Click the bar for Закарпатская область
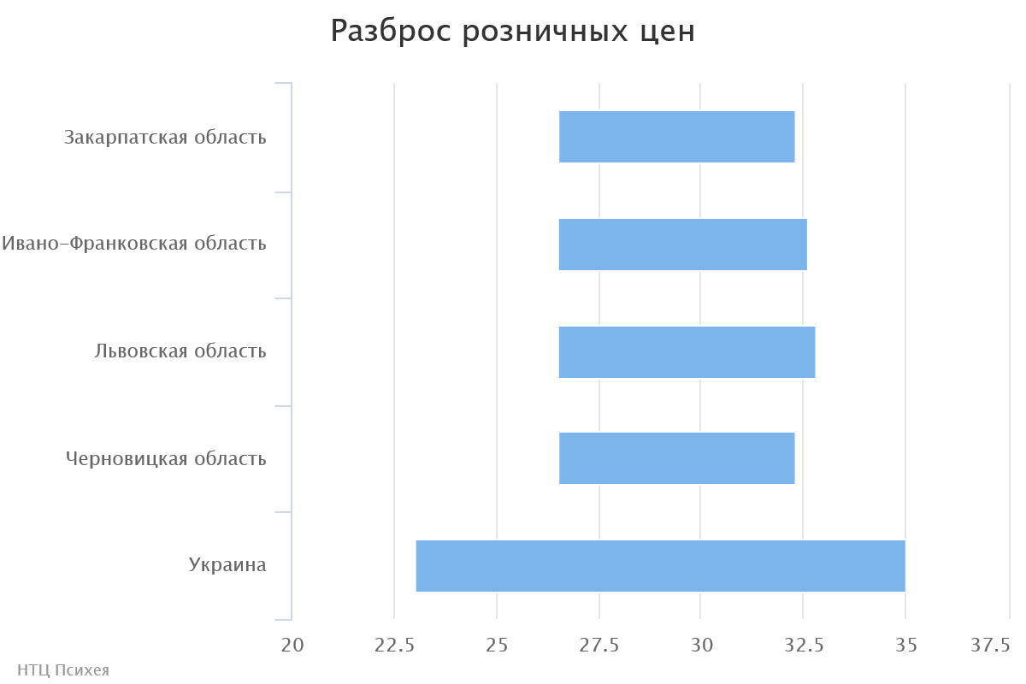click(x=676, y=137)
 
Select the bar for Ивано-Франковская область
click(x=682, y=245)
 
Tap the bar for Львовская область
click(x=687, y=352)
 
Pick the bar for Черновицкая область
click(x=676, y=458)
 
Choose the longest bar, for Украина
click(x=660, y=566)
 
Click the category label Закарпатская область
click(x=165, y=137)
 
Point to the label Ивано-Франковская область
click(x=134, y=244)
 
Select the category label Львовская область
click(x=180, y=351)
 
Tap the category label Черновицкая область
click(x=166, y=459)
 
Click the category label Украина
click(x=227, y=565)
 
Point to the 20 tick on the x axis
click(x=292, y=645)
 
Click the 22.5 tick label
click(x=394, y=645)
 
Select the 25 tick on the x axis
click(x=497, y=645)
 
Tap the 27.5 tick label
click(x=598, y=645)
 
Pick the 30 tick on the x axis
click(x=701, y=645)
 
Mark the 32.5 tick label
click(x=804, y=645)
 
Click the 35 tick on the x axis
click(x=905, y=645)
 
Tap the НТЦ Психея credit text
click(x=63, y=670)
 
